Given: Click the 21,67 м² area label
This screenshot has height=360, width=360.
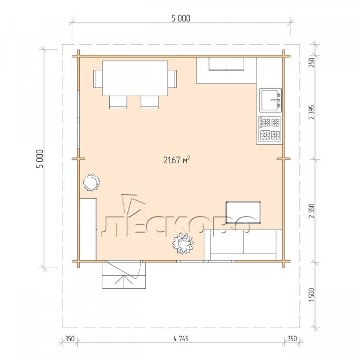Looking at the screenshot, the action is click(177, 160).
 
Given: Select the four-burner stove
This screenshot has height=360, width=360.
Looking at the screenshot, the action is click(270, 129).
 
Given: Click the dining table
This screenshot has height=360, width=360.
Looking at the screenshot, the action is click(135, 78).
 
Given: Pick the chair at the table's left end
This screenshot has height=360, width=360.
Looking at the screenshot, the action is click(98, 79).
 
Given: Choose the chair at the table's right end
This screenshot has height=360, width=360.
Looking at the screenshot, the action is click(172, 79).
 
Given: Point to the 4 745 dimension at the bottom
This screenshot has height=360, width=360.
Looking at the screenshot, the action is click(181, 338).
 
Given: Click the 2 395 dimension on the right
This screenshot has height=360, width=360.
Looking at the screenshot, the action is click(312, 112).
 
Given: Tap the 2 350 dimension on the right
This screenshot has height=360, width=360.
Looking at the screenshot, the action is click(312, 210).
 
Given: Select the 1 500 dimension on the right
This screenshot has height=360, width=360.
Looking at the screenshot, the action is click(312, 295).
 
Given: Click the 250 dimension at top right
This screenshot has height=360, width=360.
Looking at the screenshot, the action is click(312, 62).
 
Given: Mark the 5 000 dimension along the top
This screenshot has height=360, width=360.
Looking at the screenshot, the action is click(181, 18).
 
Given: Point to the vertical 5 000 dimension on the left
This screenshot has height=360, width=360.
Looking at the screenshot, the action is click(39, 158).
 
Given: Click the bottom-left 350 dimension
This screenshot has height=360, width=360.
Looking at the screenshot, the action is click(70, 338).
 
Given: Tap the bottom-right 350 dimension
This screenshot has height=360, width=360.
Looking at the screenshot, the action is click(292, 338).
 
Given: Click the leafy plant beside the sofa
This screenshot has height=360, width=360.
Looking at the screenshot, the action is click(183, 243).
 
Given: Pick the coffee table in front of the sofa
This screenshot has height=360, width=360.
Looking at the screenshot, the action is click(243, 212).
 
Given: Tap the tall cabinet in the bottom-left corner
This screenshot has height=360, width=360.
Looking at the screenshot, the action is click(88, 230).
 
